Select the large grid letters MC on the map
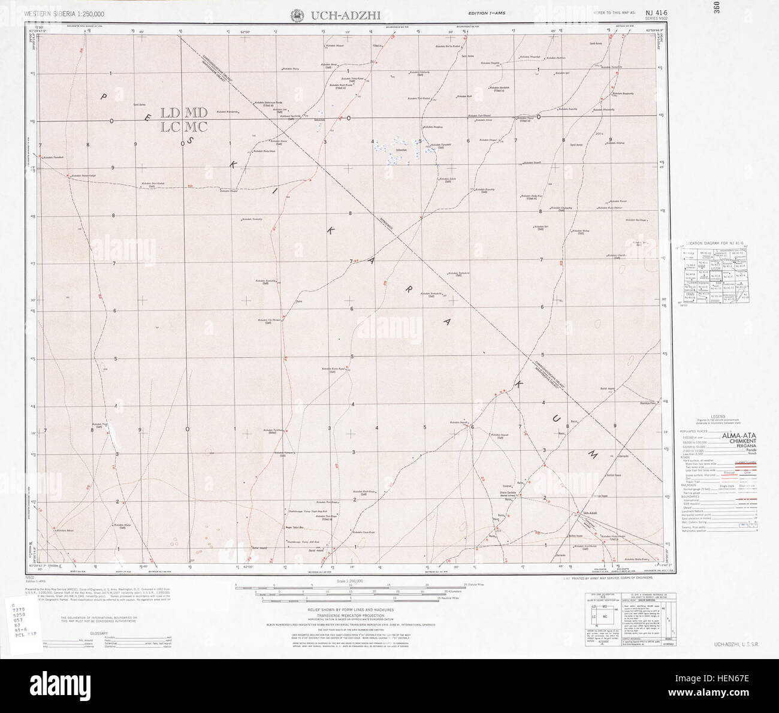[196, 127]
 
